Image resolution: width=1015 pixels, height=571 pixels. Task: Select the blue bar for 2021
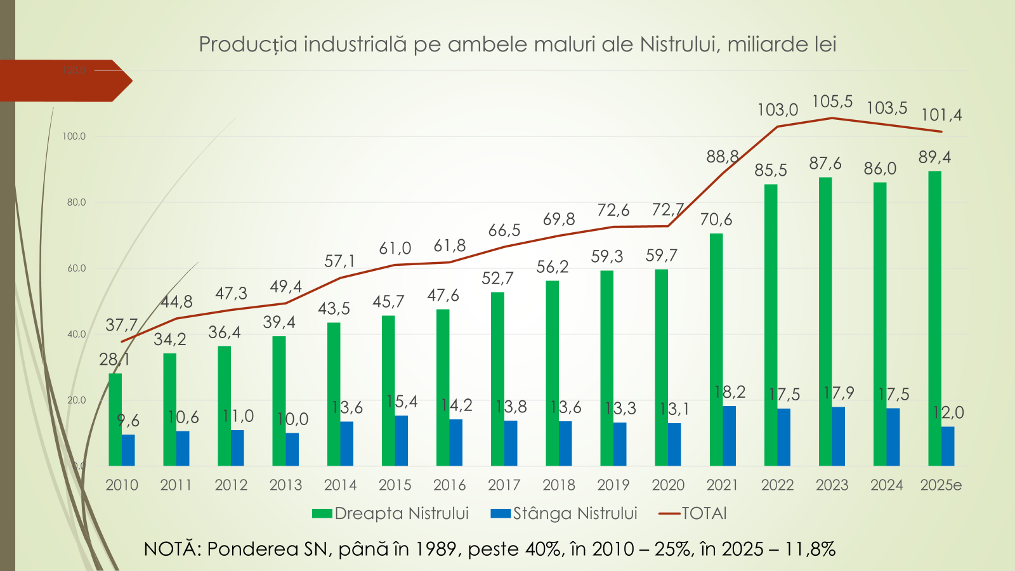tap(730, 436)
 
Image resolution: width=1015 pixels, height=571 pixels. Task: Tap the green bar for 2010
tap(115, 419)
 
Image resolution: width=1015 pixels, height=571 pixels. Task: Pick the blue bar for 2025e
tap(948, 446)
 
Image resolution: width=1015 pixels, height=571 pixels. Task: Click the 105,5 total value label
tap(832, 102)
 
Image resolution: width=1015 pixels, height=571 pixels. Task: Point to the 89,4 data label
tap(934, 157)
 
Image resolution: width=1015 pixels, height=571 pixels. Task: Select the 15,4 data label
tap(402, 402)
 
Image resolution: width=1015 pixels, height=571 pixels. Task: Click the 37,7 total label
tap(121, 325)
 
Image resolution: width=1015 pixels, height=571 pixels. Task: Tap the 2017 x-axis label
tap(504, 485)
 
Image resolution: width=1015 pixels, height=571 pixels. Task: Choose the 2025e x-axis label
tap(941, 485)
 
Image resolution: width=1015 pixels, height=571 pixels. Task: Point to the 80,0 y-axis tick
tap(75, 202)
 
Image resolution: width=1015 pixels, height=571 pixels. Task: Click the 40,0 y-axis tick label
tap(75, 334)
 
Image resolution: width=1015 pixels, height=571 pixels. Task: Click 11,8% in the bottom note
tap(810, 549)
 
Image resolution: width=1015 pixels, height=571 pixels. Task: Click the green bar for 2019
tap(606, 368)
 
